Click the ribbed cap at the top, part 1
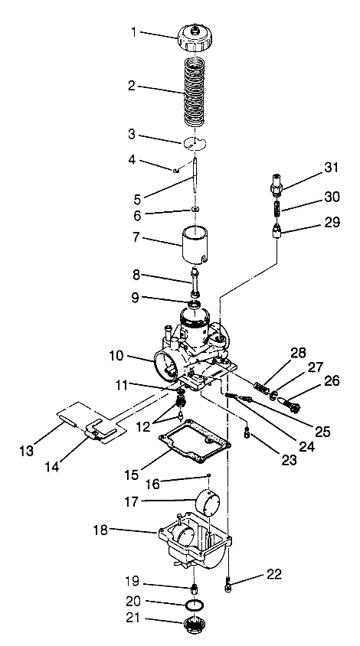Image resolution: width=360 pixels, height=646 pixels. coord(195,35)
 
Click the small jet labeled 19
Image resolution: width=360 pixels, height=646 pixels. coord(195,588)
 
